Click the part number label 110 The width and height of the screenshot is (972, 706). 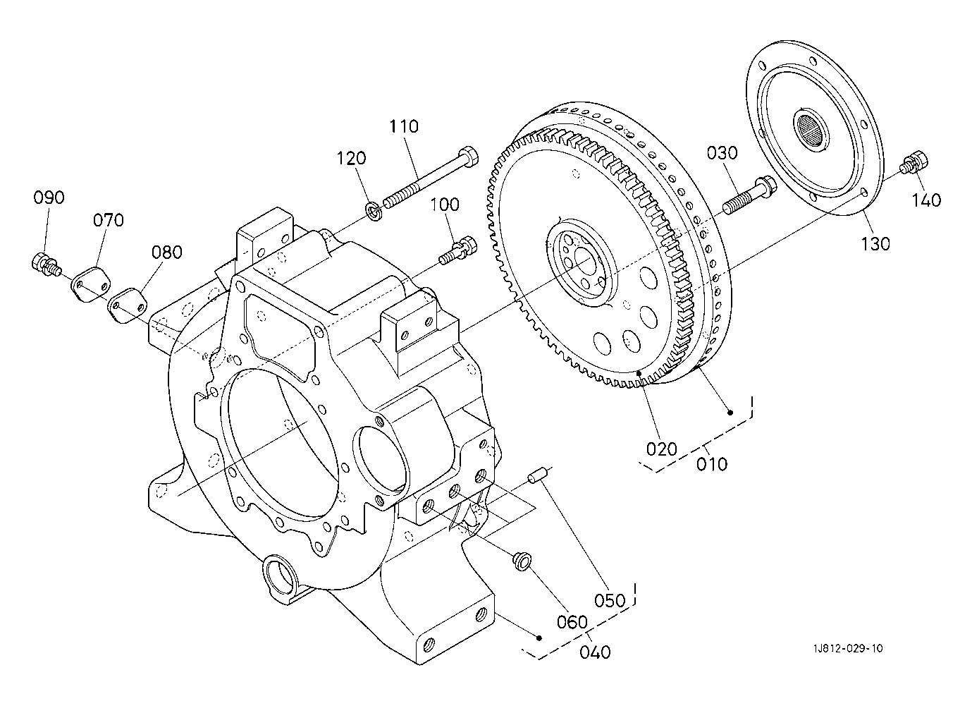404,126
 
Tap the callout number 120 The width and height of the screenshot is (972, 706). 352,158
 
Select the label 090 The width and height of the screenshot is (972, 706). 49,197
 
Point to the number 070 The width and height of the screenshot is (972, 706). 108,220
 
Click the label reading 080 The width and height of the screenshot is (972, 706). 166,252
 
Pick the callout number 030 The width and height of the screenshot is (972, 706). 722,153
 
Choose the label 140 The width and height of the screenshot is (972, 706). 926,200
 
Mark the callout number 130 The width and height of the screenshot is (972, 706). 875,244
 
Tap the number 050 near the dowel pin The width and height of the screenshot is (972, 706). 610,601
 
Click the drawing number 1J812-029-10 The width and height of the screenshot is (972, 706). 848,649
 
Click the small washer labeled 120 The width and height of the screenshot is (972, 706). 374,211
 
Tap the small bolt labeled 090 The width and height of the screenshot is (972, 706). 44,264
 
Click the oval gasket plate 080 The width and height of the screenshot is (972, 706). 128,305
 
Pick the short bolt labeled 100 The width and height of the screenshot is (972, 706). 457,250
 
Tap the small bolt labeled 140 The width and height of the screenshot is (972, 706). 916,164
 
